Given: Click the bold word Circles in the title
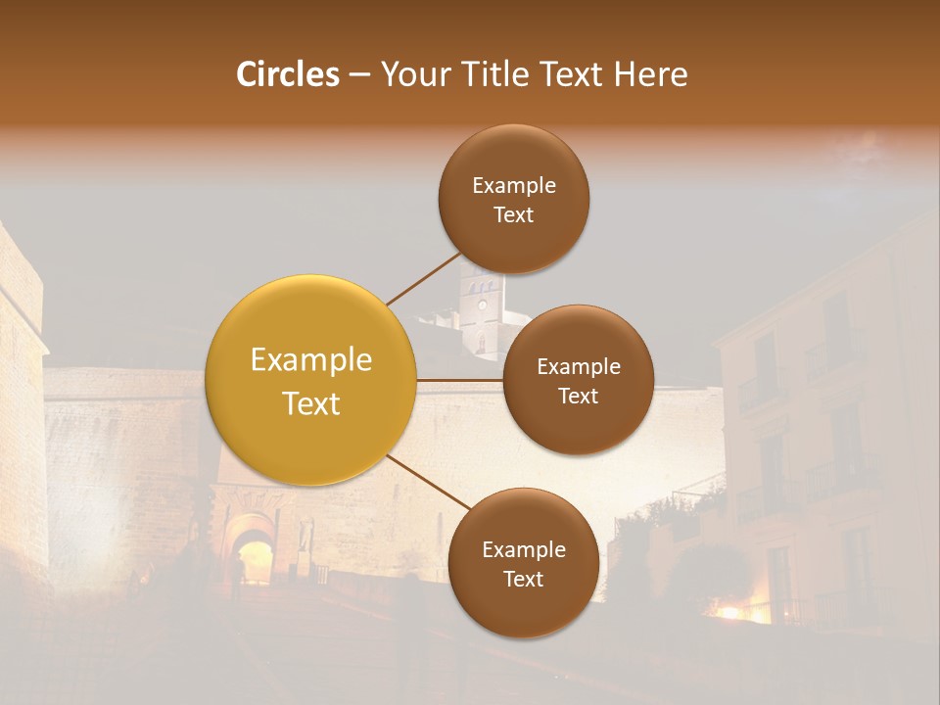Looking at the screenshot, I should [x=288, y=74].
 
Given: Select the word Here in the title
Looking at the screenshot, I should [x=650, y=74].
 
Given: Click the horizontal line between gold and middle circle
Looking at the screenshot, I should [x=459, y=380].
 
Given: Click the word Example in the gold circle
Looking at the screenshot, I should [x=311, y=360].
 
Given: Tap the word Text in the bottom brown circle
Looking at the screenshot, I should [x=523, y=579].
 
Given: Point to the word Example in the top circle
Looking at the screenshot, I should [x=513, y=185].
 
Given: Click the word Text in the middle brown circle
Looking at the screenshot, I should [x=578, y=396].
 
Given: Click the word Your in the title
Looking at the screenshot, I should [x=412, y=74].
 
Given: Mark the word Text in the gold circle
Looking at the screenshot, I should [x=311, y=403].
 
